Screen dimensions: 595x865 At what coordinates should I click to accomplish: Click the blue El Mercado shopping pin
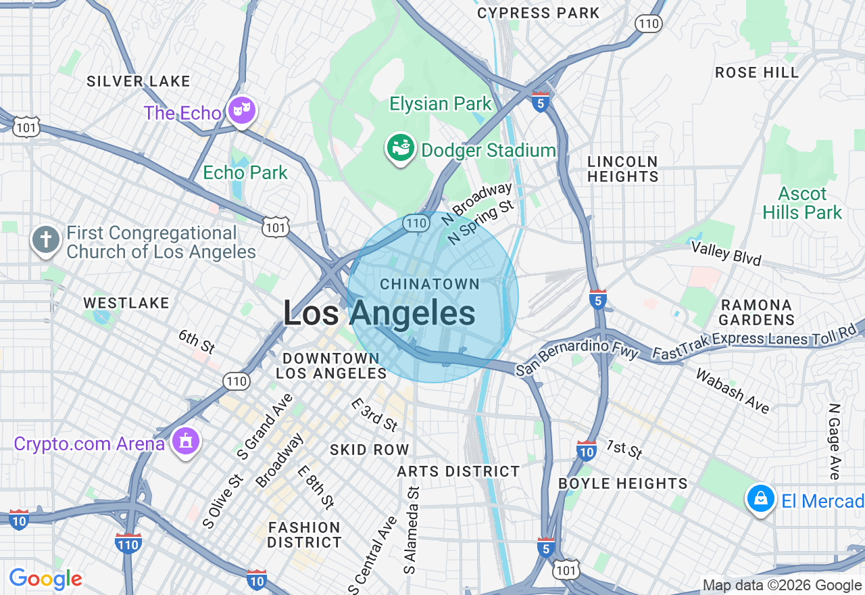tap(761, 499)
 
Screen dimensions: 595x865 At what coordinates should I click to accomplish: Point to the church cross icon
tap(46, 240)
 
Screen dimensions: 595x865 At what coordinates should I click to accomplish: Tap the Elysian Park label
tap(441, 104)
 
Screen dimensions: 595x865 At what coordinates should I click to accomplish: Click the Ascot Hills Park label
tap(802, 203)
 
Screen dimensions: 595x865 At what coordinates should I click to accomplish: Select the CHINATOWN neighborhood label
tap(430, 285)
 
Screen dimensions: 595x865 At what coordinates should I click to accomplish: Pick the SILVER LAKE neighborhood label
tap(139, 81)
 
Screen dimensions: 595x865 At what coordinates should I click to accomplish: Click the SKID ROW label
tap(370, 450)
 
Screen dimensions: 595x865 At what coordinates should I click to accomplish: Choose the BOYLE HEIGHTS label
tap(623, 483)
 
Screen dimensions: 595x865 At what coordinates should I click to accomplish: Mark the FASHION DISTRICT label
tap(304, 534)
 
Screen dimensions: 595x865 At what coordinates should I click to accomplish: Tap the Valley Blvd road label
tap(726, 253)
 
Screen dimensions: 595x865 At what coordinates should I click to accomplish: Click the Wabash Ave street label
tap(733, 391)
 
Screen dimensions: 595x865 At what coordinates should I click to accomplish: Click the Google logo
tap(45, 579)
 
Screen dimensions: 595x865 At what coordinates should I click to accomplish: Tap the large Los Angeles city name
tap(378, 314)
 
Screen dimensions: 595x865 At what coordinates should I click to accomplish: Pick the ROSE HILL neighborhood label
tap(757, 72)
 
